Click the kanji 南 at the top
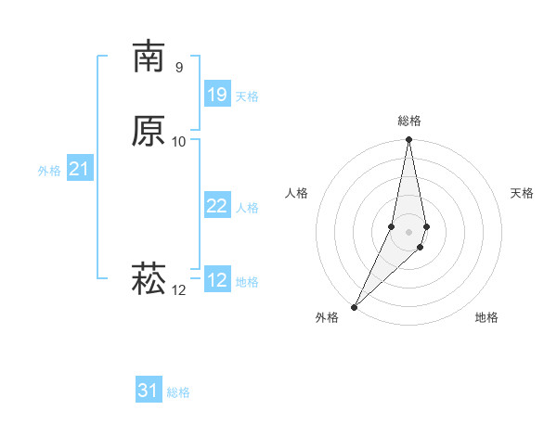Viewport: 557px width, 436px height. pos(149,57)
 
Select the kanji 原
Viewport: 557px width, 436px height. pos(149,131)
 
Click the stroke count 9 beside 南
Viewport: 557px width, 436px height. pos(179,67)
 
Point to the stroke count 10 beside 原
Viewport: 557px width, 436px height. pos(179,141)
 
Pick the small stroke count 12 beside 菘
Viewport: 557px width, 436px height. pos(179,289)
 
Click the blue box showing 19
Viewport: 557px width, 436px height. pos(217,95)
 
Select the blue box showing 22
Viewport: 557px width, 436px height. pos(217,206)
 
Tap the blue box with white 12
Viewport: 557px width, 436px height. pos(217,280)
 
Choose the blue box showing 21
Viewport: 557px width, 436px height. pos(80,169)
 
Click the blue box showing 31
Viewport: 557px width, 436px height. pos(149,391)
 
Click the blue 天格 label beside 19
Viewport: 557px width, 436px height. pos(247,96)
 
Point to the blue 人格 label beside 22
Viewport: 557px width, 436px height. pos(247,208)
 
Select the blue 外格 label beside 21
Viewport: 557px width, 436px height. pos(49,171)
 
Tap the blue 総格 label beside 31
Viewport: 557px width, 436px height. pos(178,392)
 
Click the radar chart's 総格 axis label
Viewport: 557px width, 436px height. pos(409,121)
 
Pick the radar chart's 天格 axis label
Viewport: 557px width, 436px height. pos(522,193)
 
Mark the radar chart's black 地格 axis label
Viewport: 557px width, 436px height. pos(486,317)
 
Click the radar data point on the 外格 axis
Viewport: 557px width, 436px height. pos(354,306)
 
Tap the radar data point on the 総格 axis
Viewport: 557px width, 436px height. pos(409,140)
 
